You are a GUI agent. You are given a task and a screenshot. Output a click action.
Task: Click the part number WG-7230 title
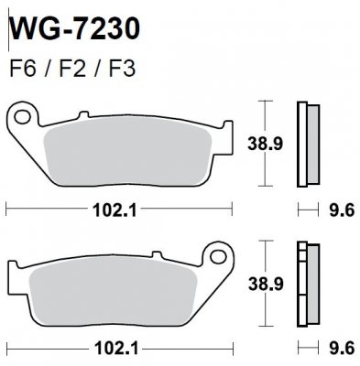(x=78, y=28)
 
